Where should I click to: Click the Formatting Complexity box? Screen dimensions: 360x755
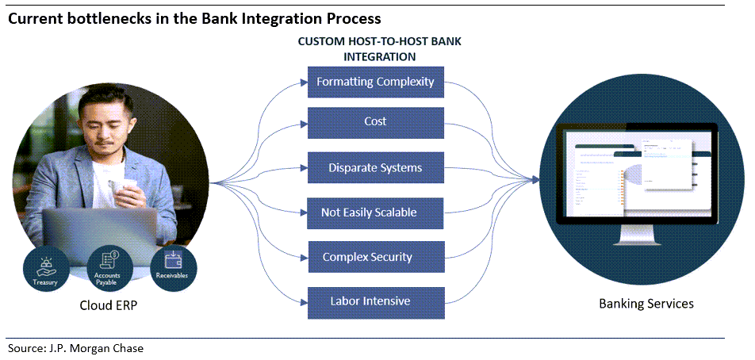[375, 82]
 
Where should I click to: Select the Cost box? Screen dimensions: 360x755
[375, 122]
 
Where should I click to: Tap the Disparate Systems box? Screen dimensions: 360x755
[375, 168]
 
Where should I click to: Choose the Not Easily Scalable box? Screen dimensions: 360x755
[369, 213]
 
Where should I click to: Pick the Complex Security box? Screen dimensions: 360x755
[367, 258]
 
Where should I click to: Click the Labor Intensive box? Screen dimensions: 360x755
[370, 301]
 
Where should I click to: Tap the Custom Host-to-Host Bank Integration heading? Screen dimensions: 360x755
[379, 49]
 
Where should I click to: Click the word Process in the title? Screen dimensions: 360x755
[351, 17]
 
